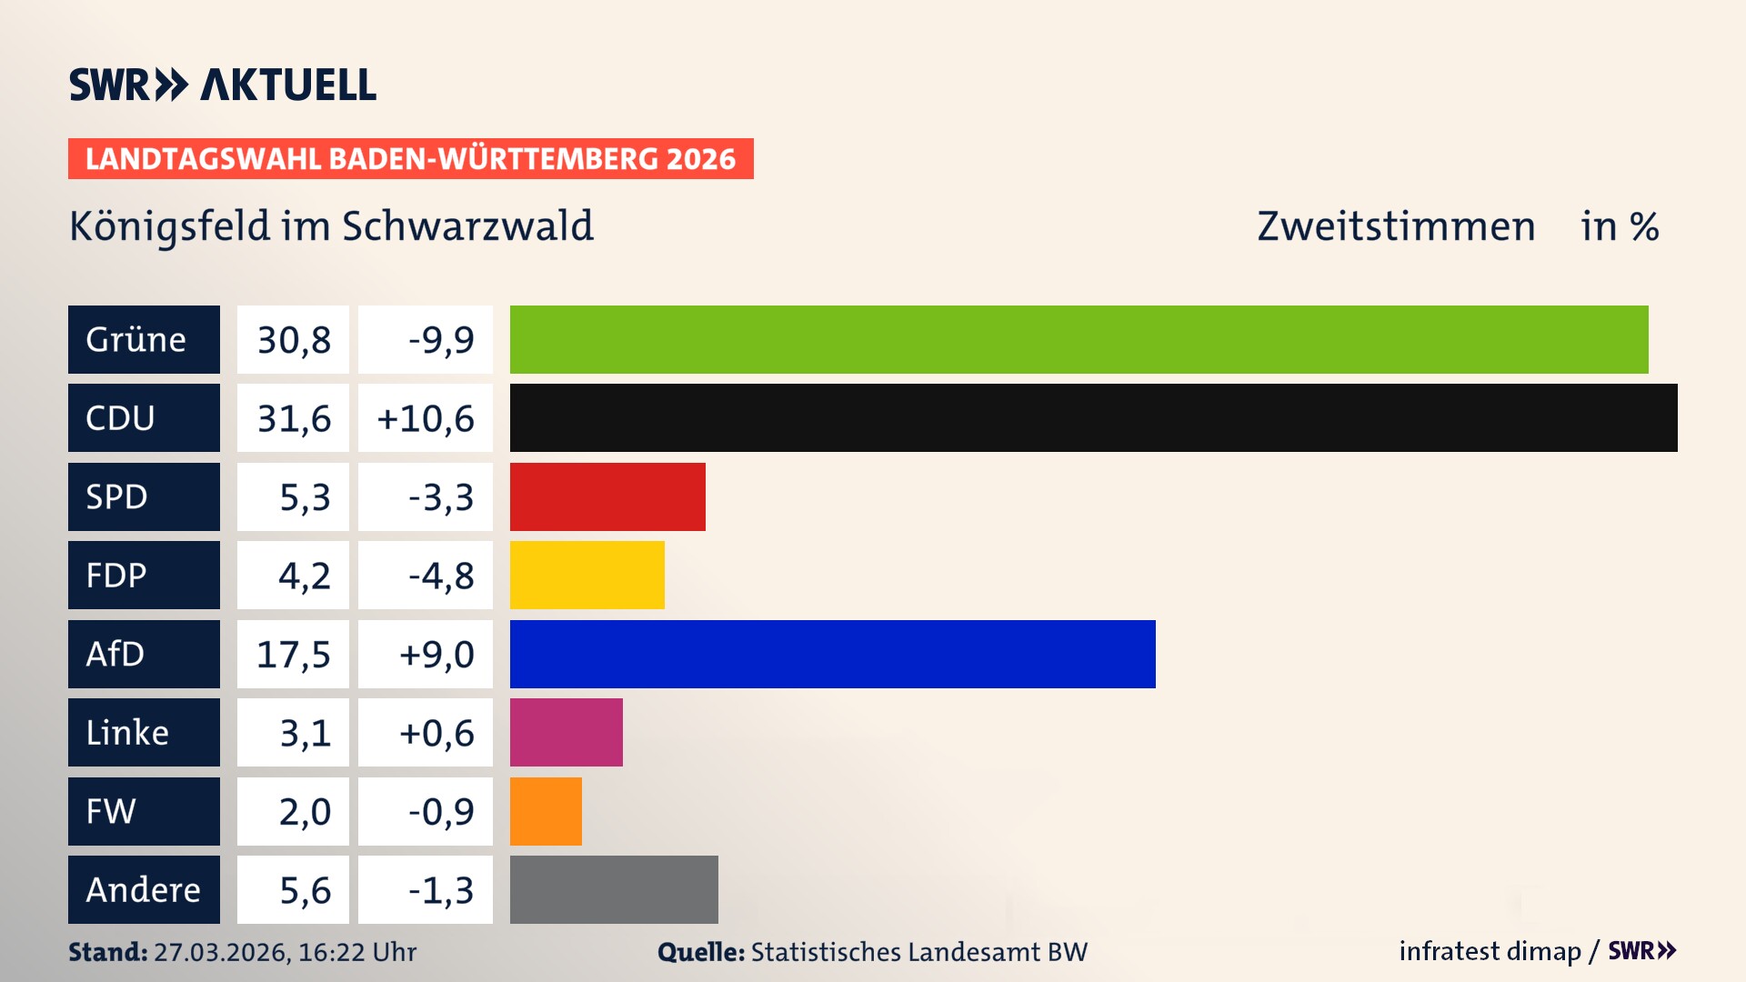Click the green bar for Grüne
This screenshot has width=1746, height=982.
coord(1079,339)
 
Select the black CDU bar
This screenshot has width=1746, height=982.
coord(1093,417)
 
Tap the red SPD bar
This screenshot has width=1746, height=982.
coord(607,496)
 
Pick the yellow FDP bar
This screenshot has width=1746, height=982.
coord(587,575)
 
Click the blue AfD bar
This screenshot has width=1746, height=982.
coord(832,654)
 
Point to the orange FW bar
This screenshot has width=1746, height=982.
coord(546,811)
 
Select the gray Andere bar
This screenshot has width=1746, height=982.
coord(614,889)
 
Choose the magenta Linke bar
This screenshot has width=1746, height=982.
coord(566,732)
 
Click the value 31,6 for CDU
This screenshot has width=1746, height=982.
coord(294,418)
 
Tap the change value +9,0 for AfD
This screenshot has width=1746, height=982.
coord(436,655)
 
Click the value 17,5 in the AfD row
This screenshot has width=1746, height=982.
coord(294,655)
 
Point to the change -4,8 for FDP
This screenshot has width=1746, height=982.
coord(441,576)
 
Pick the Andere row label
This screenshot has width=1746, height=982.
coord(144,889)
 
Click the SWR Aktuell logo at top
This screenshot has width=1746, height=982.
coord(223,85)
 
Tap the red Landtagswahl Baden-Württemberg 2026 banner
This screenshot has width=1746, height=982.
coord(410,158)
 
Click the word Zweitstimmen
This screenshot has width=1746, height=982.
coord(1396,226)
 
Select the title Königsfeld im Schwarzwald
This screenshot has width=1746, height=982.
coord(332,226)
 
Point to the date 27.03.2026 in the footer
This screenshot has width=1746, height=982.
coord(221,952)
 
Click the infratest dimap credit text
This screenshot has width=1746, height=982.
coord(1490,951)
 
